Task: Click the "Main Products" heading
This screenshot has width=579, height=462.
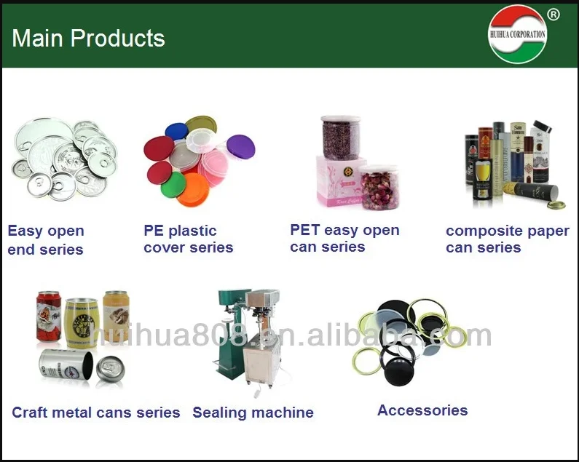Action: pyautogui.click(x=88, y=39)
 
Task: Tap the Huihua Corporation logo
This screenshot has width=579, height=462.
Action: pyautogui.click(x=517, y=34)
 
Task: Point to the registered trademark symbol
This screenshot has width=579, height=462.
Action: pyautogui.click(x=553, y=14)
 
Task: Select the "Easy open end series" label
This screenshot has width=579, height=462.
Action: pyautogui.click(x=46, y=240)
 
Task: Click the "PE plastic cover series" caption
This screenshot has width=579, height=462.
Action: pyautogui.click(x=188, y=239)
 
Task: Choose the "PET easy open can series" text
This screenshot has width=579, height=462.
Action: pyautogui.click(x=344, y=238)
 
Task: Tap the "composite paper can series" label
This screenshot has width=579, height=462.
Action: pyautogui.click(x=507, y=239)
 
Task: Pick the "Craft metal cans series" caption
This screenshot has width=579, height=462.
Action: pyautogui.click(x=95, y=413)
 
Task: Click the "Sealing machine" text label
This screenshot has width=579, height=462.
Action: pyautogui.click(x=253, y=413)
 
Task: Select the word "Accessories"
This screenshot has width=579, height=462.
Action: pyautogui.click(x=422, y=410)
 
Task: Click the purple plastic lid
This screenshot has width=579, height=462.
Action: pyautogui.click(x=240, y=147)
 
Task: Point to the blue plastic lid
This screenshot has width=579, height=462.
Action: pyautogui.click(x=176, y=132)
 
